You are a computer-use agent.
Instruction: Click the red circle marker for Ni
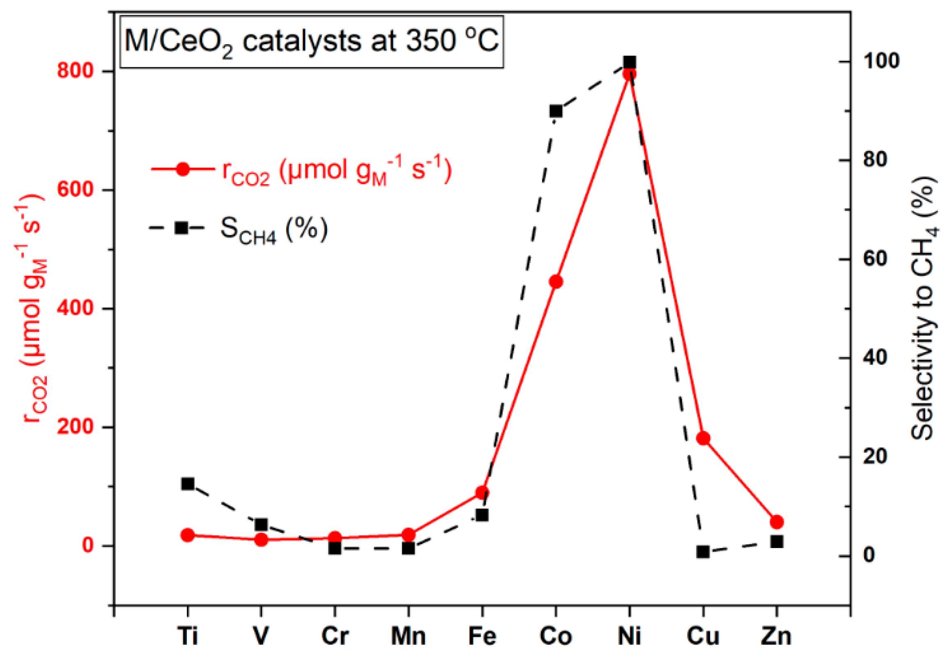(x=629, y=74)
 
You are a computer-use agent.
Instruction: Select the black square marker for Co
(x=556, y=111)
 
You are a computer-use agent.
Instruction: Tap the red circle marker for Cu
(x=703, y=438)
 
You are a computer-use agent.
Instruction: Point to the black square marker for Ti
(x=188, y=484)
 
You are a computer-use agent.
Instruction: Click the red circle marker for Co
(x=556, y=282)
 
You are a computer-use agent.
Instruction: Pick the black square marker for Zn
(x=777, y=541)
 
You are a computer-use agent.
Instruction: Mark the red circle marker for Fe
(x=482, y=492)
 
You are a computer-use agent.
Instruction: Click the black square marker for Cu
(x=703, y=552)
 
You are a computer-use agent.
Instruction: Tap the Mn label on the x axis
(x=408, y=637)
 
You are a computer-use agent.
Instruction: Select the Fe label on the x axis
(x=482, y=637)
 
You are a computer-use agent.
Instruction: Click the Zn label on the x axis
(x=776, y=637)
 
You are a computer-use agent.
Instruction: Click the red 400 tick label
(x=74, y=309)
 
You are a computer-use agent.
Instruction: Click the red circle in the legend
(x=182, y=169)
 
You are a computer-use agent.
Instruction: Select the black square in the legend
(x=181, y=228)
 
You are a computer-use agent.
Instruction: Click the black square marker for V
(x=261, y=525)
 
